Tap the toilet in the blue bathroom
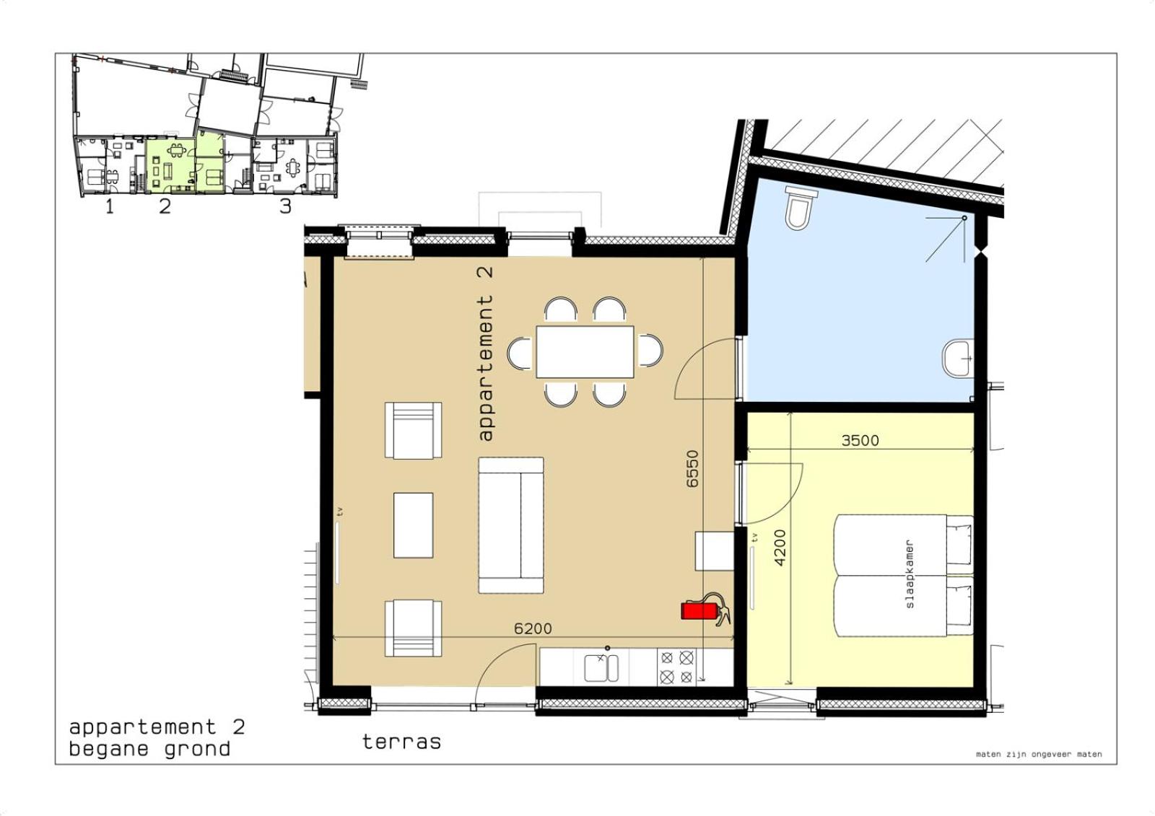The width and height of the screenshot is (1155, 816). pyautogui.click(x=801, y=208)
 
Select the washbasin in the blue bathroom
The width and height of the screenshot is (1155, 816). pyautogui.click(x=958, y=359)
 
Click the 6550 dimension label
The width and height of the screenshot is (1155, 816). pyautogui.click(x=692, y=468)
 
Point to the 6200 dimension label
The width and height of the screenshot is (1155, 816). pyautogui.click(x=533, y=628)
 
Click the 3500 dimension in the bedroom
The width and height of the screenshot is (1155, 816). pyautogui.click(x=860, y=440)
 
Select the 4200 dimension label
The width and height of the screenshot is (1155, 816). pyautogui.click(x=780, y=548)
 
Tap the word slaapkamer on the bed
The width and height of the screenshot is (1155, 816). pyautogui.click(x=910, y=574)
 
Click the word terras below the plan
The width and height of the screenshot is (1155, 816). pyautogui.click(x=401, y=742)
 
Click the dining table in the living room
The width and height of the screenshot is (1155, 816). pyautogui.click(x=585, y=351)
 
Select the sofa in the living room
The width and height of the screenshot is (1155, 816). pyautogui.click(x=510, y=525)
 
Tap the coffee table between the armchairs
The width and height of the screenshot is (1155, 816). pyautogui.click(x=413, y=525)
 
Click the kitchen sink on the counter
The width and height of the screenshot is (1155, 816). pyautogui.click(x=601, y=668)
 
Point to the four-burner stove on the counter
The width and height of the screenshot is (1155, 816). pyautogui.click(x=676, y=667)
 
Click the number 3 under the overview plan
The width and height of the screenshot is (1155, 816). pyautogui.click(x=285, y=206)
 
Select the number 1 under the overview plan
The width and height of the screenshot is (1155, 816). pyautogui.click(x=109, y=206)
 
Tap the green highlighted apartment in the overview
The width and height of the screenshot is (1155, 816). pyautogui.click(x=185, y=164)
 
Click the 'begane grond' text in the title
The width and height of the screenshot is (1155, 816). pyautogui.click(x=149, y=749)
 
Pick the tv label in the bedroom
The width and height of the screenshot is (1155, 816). pyautogui.click(x=755, y=538)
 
